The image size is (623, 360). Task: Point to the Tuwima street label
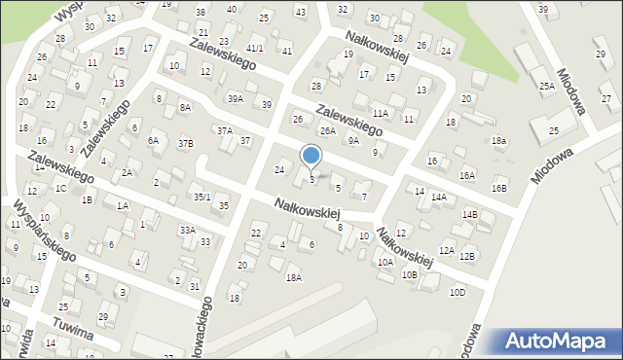(x=74, y=330)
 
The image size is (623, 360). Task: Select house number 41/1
(x=255, y=48)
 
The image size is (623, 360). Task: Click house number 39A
(x=236, y=98)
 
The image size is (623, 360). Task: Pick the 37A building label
(x=225, y=130)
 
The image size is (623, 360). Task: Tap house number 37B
(x=185, y=144)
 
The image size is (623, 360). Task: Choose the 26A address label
(x=328, y=130)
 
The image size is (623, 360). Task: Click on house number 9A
(x=354, y=140)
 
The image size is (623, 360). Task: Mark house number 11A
(x=380, y=113)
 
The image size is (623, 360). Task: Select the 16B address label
(x=499, y=188)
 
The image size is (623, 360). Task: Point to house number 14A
(x=439, y=198)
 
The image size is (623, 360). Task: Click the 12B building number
(x=467, y=256)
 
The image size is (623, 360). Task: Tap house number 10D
(x=457, y=292)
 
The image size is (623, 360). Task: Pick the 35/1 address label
(x=202, y=197)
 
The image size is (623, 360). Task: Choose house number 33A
(x=187, y=230)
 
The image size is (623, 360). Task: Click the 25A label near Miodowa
(x=547, y=87)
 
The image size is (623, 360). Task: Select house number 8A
(x=185, y=106)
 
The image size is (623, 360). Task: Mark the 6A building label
(x=153, y=140)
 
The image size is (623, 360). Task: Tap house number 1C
(x=60, y=188)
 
